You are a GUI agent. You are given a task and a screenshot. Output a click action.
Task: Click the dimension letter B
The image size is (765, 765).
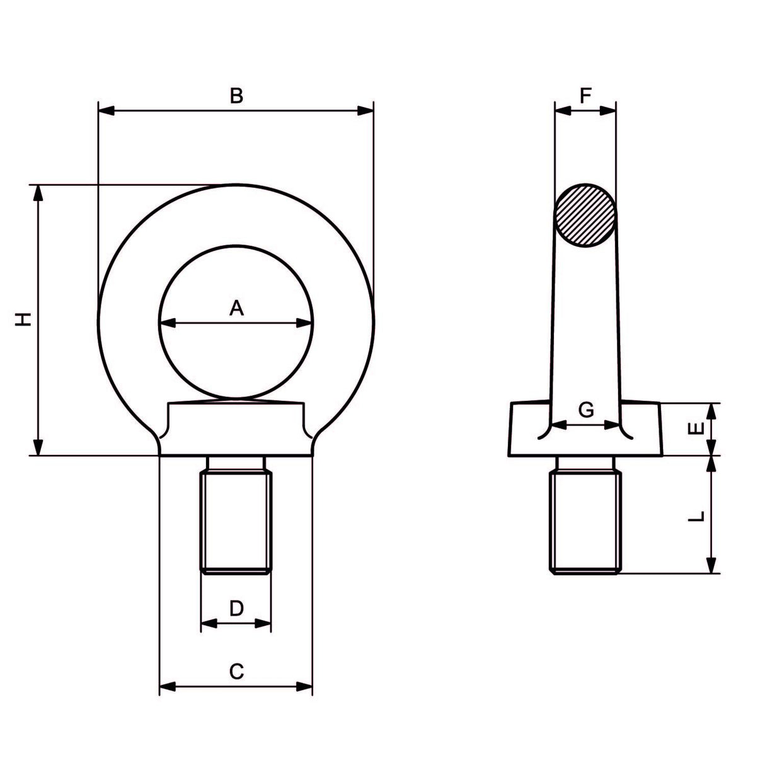tap(236, 96)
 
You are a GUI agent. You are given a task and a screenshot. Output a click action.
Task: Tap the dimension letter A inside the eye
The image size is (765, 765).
tap(236, 308)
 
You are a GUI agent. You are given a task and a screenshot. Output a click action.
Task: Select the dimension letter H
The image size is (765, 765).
tap(23, 319)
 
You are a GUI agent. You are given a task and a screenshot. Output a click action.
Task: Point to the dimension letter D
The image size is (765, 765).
tap(236, 608)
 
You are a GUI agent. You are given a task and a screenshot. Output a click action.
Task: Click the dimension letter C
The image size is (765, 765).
tap(236, 672)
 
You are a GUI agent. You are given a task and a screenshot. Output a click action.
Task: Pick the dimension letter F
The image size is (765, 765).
tap(585, 96)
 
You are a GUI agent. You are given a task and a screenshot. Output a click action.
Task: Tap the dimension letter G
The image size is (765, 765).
tap(586, 410)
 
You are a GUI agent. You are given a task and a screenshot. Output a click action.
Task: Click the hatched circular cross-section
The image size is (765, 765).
tap(585, 215)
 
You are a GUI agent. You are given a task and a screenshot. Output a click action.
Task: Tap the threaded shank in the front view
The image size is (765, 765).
tap(236, 517)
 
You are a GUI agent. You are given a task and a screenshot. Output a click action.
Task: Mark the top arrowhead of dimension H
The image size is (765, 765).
tap(39, 193)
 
